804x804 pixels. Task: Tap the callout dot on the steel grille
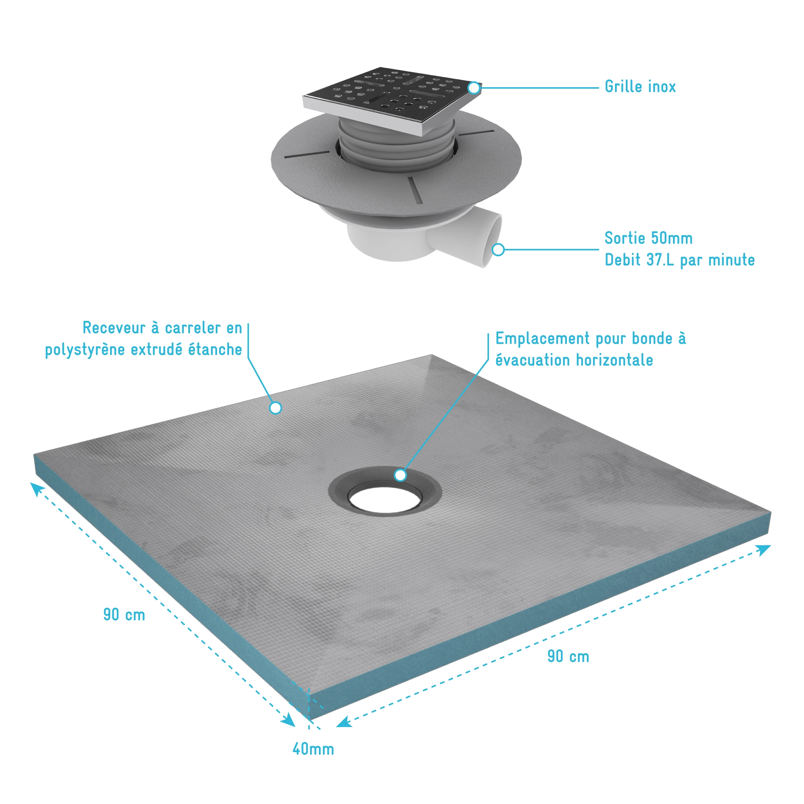(x=474, y=88)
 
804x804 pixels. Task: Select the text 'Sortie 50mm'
(x=648, y=238)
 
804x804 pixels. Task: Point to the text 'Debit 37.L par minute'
(x=680, y=260)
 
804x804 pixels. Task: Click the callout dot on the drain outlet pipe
(x=498, y=250)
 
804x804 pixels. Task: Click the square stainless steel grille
(x=392, y=99)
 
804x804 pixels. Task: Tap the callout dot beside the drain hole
(x=400, y=475)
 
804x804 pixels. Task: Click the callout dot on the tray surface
(x=275, y=408)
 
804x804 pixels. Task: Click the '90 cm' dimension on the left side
(x=124, y=615)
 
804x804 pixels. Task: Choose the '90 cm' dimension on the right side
(x=568, y=656)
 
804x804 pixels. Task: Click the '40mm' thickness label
(x=313, y=749)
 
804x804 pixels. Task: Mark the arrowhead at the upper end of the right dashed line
(x=764, y=550)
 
